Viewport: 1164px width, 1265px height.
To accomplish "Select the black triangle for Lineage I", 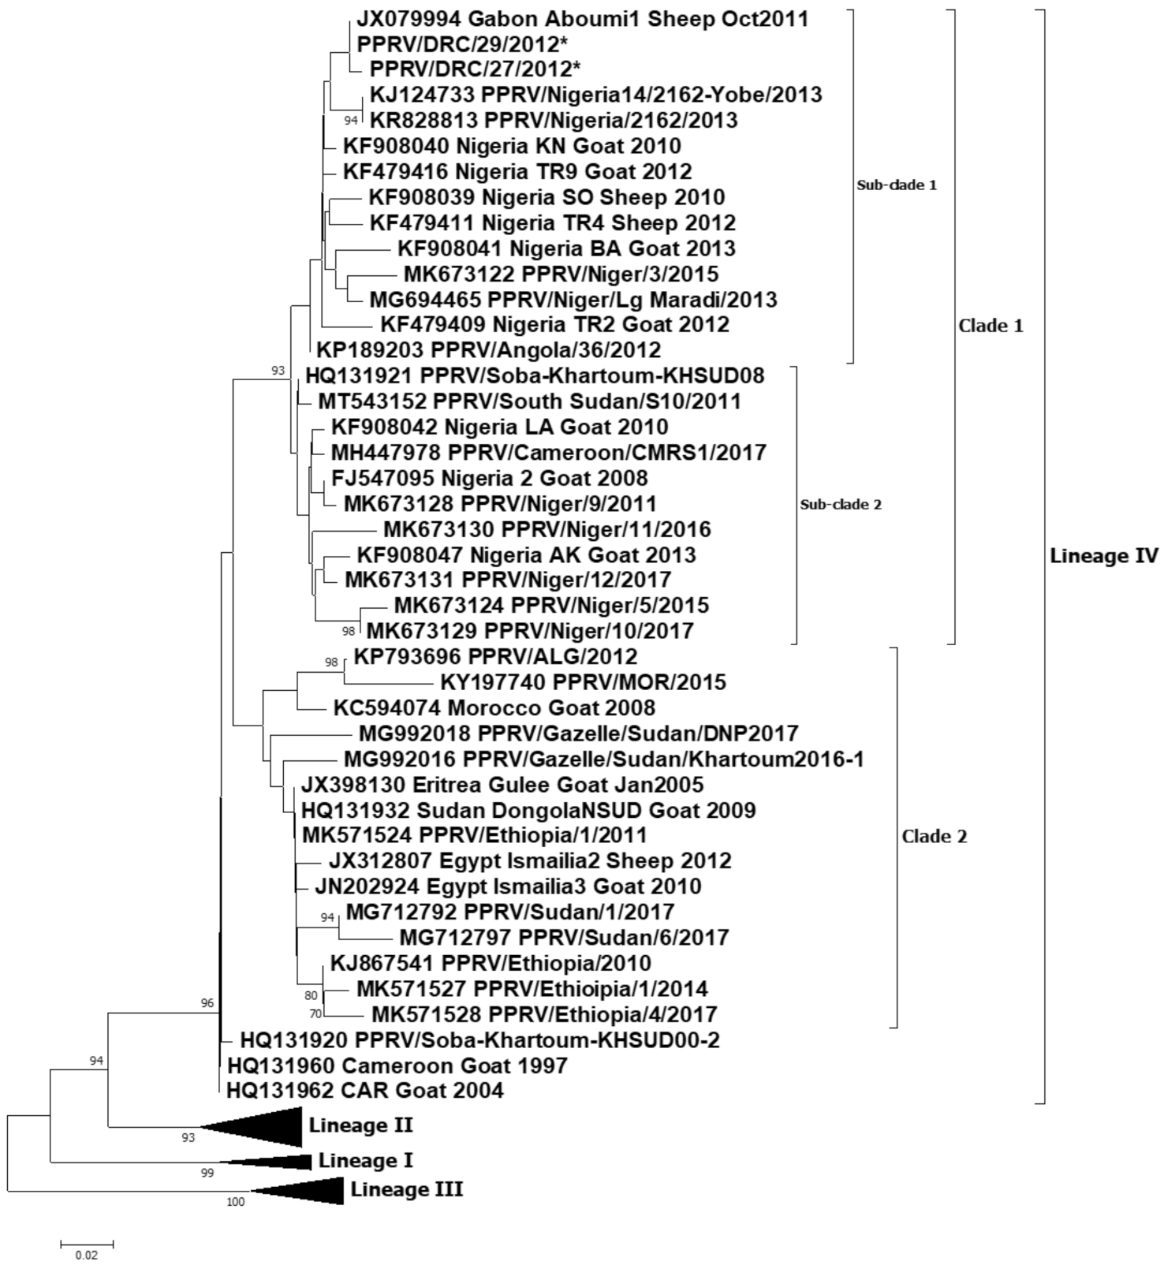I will coord(276,1162).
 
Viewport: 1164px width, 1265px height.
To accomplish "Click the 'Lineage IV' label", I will coord(1103,556).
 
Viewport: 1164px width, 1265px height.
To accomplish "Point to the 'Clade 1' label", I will coord(991,326).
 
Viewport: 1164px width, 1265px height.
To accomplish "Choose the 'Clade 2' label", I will coord(934,837).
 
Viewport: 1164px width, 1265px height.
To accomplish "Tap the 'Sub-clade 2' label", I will coord(841,505).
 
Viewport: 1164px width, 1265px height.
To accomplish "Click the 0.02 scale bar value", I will coord(87,1255).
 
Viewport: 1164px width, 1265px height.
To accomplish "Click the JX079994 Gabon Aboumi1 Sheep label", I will coord(582,19).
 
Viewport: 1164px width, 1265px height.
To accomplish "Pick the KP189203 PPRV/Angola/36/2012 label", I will coord(488,349).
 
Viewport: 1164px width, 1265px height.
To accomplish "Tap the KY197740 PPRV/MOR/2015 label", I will coord(583,681).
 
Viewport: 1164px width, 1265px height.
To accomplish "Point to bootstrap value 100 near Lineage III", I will coord(236,1203).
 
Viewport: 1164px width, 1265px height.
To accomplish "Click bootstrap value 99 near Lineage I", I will coord(207,1174).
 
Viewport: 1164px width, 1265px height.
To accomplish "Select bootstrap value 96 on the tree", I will coord(207,1004).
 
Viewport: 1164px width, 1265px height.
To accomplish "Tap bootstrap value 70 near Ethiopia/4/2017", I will coord(315,1014).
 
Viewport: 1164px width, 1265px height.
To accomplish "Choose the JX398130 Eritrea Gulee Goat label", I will coord(502,785).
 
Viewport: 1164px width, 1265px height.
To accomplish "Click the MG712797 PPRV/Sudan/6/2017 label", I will coord(564,938).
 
